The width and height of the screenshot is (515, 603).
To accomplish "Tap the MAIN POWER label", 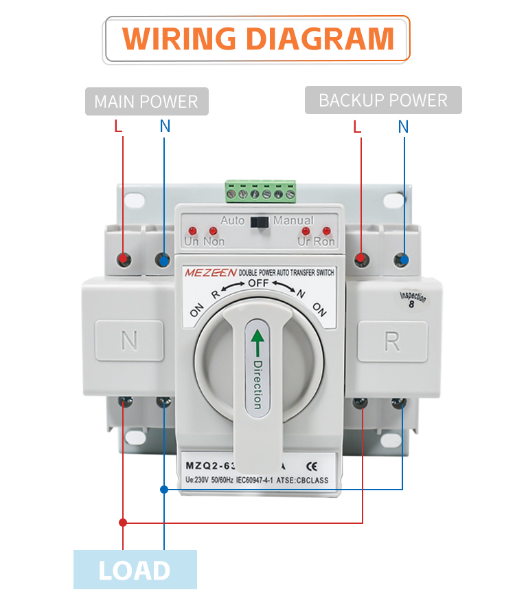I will point(146,102).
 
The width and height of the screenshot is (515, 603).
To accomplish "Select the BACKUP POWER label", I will point(383,100).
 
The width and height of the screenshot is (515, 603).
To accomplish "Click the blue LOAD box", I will point(135,570).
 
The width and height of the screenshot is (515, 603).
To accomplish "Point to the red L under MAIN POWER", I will point(118,127).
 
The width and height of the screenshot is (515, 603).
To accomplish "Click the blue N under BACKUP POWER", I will point(403,127).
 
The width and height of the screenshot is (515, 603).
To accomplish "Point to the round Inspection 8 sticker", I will point(413,300).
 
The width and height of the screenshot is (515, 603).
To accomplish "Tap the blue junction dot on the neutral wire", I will point(164,490).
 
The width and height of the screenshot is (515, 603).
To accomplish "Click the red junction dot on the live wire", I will point(123,523).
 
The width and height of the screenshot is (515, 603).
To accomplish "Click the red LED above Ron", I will point(326,230).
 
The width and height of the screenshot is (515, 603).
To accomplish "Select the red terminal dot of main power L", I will point(124,260).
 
